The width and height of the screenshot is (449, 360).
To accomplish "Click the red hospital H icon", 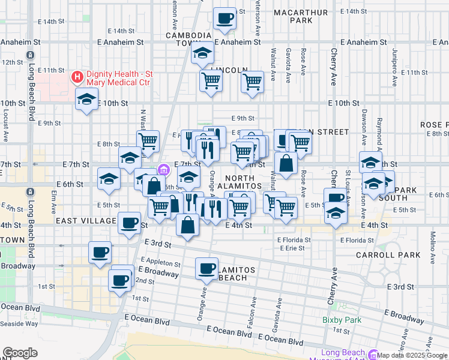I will point(77,76).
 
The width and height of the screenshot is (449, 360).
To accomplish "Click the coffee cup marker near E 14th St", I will point(225,18).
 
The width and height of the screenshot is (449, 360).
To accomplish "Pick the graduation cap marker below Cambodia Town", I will point(202,53).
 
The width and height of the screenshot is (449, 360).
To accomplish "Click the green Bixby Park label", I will point(342,320).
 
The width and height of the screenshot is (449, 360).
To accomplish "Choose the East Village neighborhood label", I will point(85,221).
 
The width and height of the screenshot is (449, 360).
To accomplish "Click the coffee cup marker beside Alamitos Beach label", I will point(207,268).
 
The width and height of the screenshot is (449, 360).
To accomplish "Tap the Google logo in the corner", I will point(19,353).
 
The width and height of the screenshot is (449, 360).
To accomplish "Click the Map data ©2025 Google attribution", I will point(412,355).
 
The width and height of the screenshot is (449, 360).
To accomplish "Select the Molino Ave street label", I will point(431,231).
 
